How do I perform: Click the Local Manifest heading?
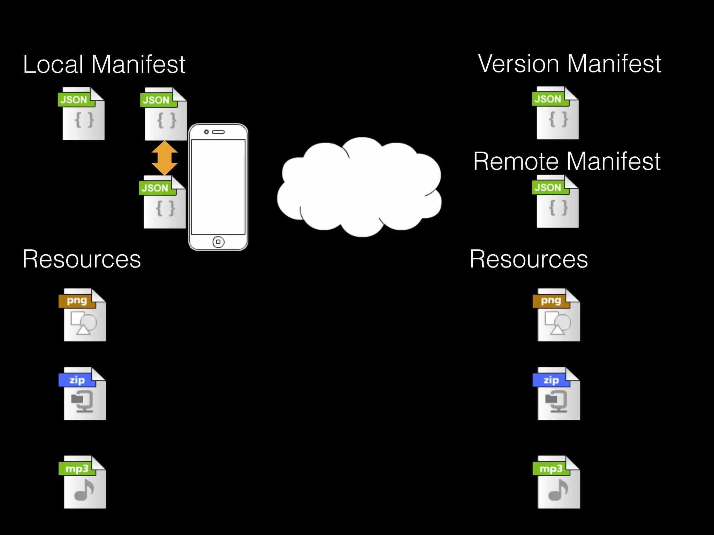(104, 64)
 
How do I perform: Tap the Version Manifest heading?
(569, 64)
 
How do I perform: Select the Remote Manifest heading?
(567, 161)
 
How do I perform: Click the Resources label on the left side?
(82, 259)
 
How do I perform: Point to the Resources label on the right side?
(529, 259)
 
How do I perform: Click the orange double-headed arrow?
(165, 158)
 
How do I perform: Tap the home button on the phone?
(218, 242)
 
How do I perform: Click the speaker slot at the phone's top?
(219, 132)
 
